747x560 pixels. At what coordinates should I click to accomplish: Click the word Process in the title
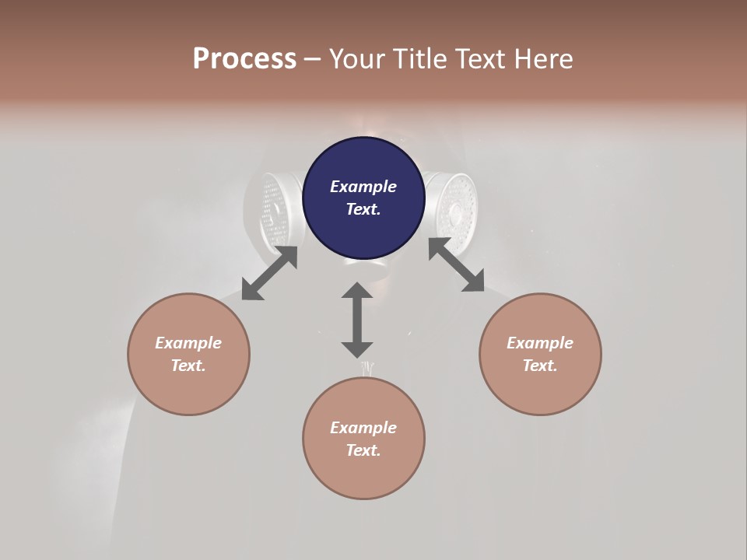point(244,59)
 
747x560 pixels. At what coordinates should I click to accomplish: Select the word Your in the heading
point(357,59)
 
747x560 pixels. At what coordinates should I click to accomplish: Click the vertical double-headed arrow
point(357,320)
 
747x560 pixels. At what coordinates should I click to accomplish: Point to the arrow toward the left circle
point(269,273)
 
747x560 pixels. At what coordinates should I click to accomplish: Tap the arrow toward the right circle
point(456,264)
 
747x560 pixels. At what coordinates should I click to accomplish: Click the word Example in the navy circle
point(363,187)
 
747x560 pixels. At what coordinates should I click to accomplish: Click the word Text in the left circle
point(188,366)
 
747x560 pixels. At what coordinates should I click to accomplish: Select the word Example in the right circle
point(540,343)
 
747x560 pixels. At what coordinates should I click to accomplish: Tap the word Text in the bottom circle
point(363,450)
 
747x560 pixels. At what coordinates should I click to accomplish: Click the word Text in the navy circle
point(363,209)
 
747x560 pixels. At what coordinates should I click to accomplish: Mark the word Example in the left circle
point(188,343)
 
